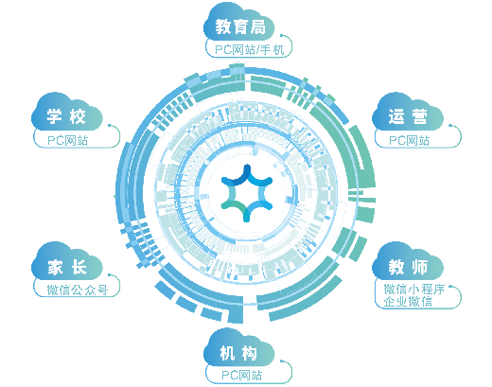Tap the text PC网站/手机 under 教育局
249,50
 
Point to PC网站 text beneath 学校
68,141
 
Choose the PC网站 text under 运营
410,141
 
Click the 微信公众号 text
78,290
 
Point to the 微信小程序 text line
414,289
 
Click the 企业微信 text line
408,302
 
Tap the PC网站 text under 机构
242,376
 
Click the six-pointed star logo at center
247,193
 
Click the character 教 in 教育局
223,26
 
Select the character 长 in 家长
79,267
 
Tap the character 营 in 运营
419,117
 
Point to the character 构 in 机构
249,353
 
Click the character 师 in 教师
419,267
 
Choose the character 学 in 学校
55,117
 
